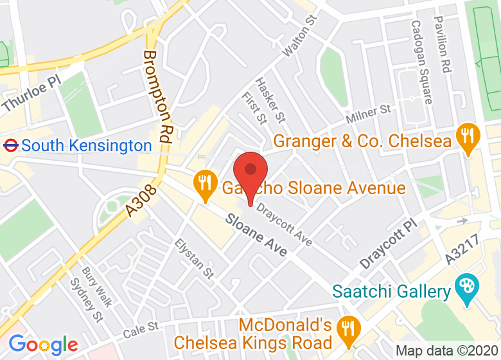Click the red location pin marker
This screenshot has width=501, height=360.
250,172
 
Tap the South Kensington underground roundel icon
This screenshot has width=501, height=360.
10,145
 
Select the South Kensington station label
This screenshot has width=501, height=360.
87,146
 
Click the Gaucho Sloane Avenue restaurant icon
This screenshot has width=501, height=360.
204,185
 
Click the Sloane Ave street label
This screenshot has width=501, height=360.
256,235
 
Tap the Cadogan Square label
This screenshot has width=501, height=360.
421,62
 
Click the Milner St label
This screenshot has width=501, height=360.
368,115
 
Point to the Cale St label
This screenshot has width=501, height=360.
140,330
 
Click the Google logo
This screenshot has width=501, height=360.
43,345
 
